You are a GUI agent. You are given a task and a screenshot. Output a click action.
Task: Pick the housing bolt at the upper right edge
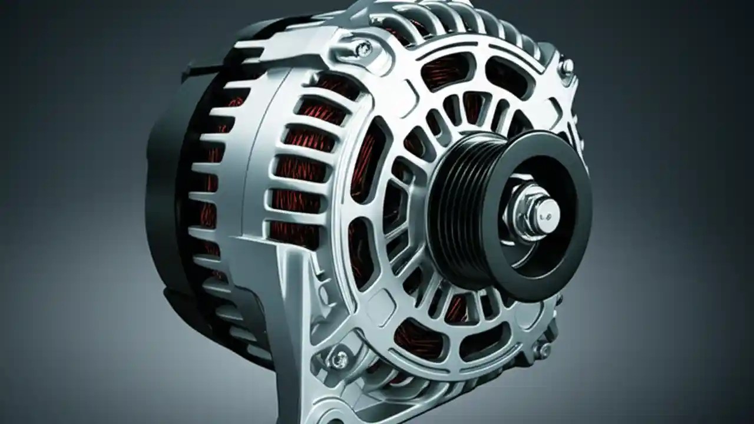(x=567, y=67)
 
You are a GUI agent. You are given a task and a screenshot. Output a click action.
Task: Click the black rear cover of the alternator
(x=162, y=194)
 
